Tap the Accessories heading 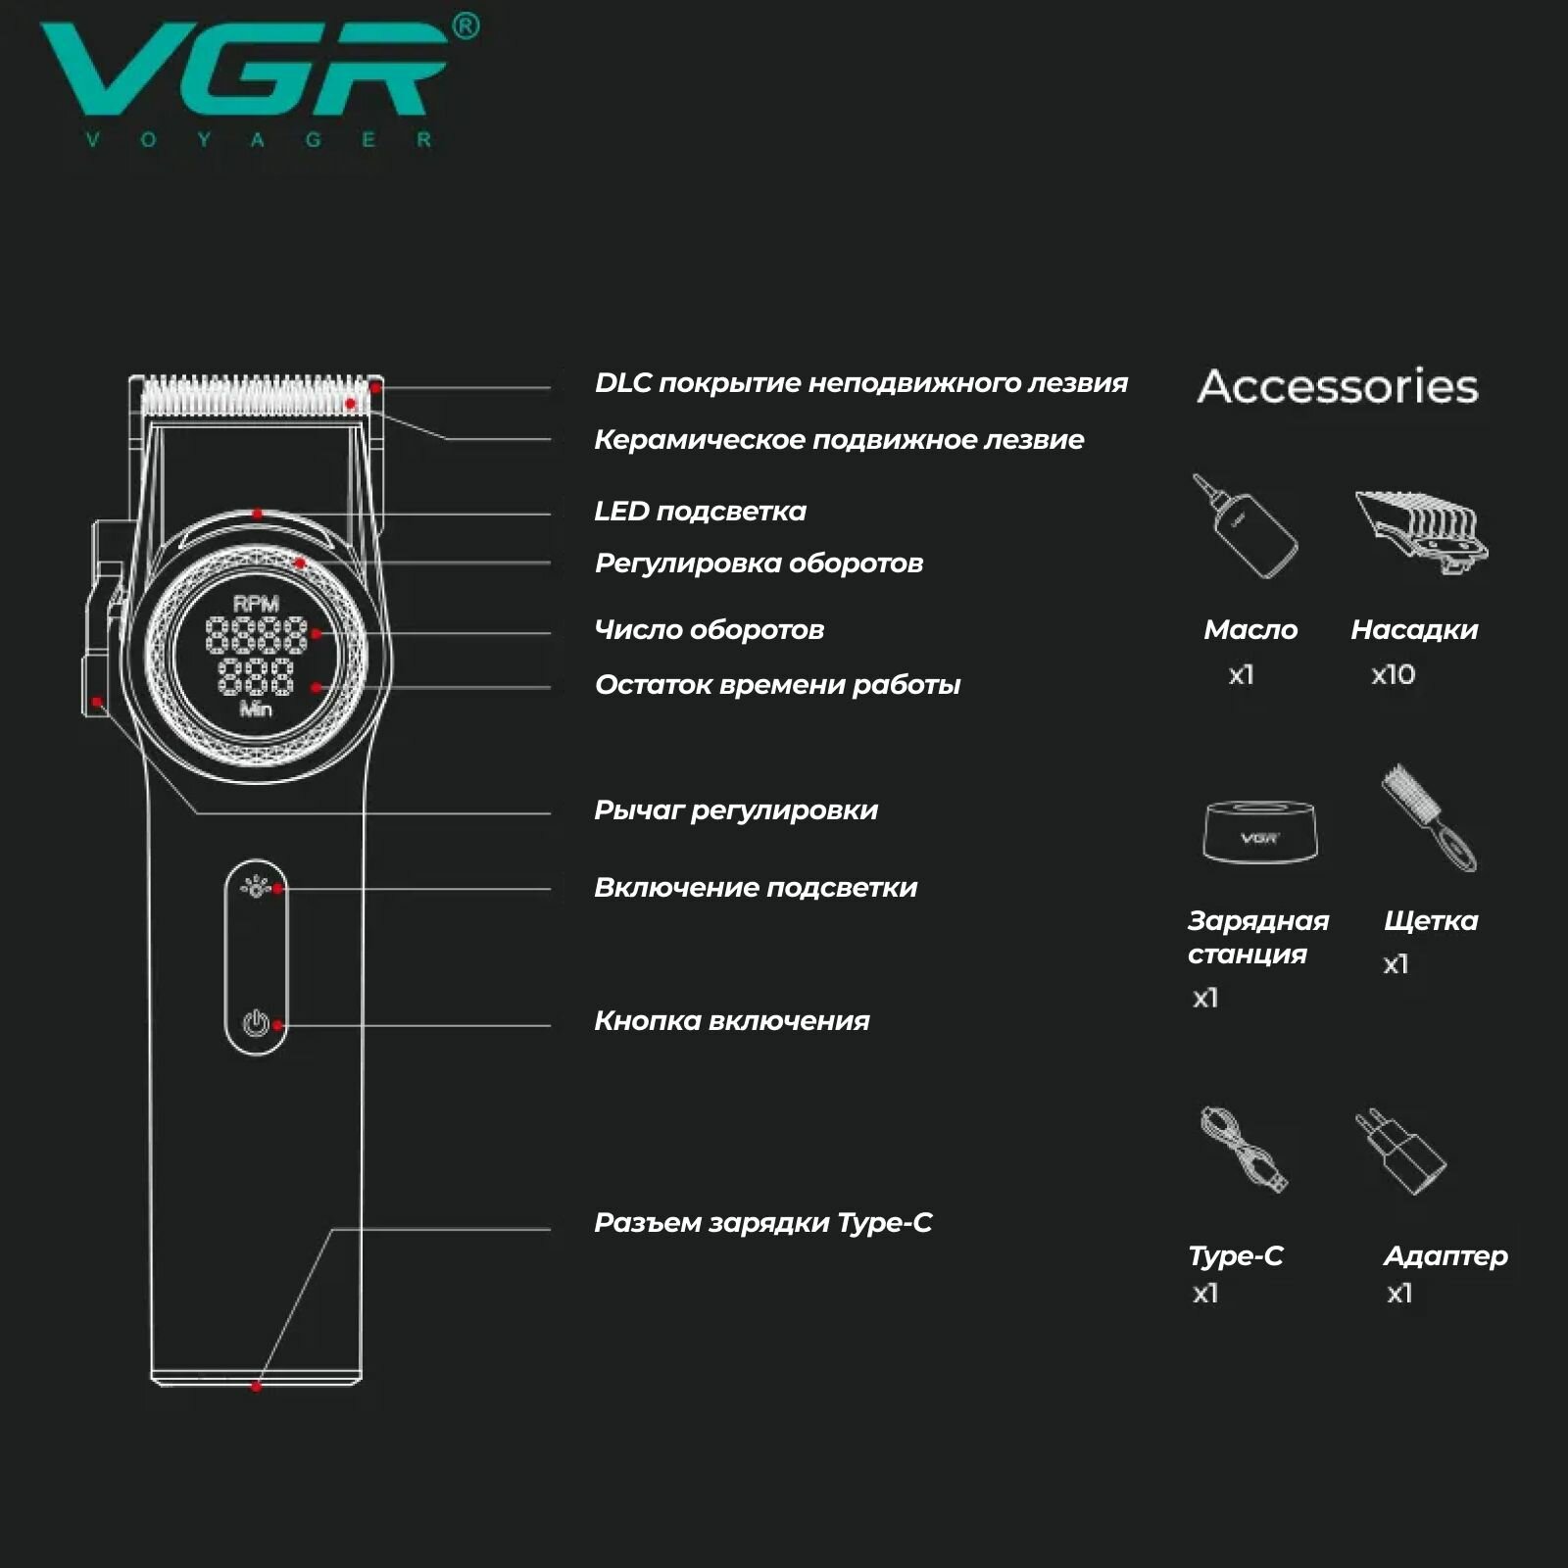1338,386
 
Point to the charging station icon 1259,832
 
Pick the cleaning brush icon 1429,817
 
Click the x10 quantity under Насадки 1393,674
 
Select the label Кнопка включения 731,1021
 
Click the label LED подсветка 700,512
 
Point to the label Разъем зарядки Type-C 762,1223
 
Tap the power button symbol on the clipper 255,1025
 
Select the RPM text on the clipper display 256,604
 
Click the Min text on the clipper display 256,709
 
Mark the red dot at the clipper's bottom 256,1386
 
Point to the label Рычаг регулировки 735,810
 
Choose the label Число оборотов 709,630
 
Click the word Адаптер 1445,1255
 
